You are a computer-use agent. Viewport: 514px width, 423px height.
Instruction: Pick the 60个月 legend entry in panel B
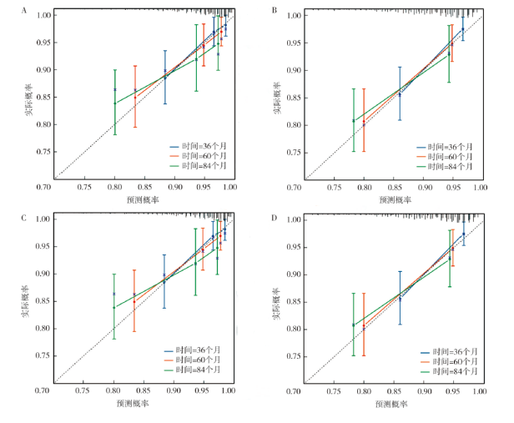point(448,156)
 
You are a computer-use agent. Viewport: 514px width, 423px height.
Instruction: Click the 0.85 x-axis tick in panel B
point(394,188)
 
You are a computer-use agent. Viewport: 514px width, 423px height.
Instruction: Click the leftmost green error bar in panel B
point(354,120)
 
